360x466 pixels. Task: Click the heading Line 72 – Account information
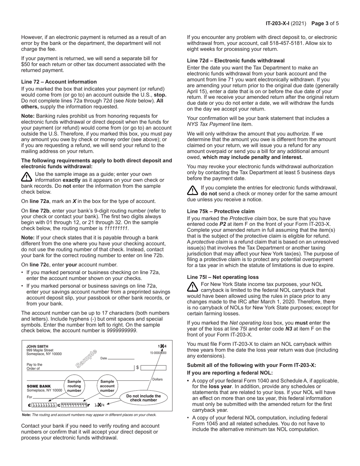tap(59, 82)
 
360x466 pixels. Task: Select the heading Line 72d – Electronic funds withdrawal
tap(236, 61)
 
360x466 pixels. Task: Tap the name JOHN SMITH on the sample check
tap(37, 346)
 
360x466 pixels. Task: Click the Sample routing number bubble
tap(74, 386)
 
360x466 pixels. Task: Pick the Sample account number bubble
tap(107, 386)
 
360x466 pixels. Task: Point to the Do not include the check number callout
tap(143, 398)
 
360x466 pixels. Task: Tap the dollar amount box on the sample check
tap(153, 367)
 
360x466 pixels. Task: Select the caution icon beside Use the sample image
tap(27, 177)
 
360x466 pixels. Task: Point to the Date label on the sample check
tap(103, 358)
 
